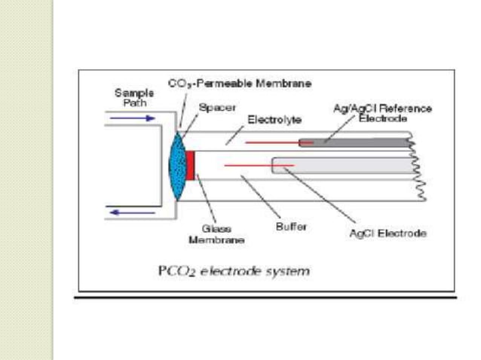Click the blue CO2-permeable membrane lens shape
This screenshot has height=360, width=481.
click(177, 166)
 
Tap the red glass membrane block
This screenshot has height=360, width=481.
click(190, 166)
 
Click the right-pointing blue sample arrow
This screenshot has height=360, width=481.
click(133, 118)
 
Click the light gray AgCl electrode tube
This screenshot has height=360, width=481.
click(344, 166)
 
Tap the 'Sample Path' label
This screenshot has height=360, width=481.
click(134, 98)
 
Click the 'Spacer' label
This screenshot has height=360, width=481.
click(217, 108)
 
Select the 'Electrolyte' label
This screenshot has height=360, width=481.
click(274, 120)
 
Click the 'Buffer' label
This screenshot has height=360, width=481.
click(291, 227)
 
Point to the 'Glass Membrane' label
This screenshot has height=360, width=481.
click(216, 234)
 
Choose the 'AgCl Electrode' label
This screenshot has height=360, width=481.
click(388, 233)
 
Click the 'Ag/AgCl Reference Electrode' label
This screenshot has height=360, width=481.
click(383, 114)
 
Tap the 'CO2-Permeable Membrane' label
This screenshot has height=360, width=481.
click(240, 84)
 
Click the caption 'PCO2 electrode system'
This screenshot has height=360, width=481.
click(234, 271)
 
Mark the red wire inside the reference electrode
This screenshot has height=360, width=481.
click(279, 142)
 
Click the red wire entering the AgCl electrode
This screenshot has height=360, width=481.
click(259, 166)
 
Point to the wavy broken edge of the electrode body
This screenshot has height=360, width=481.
click(419, 169)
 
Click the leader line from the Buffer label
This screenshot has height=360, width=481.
click(260, 197)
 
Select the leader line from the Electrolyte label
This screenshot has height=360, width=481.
click(234, 135)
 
